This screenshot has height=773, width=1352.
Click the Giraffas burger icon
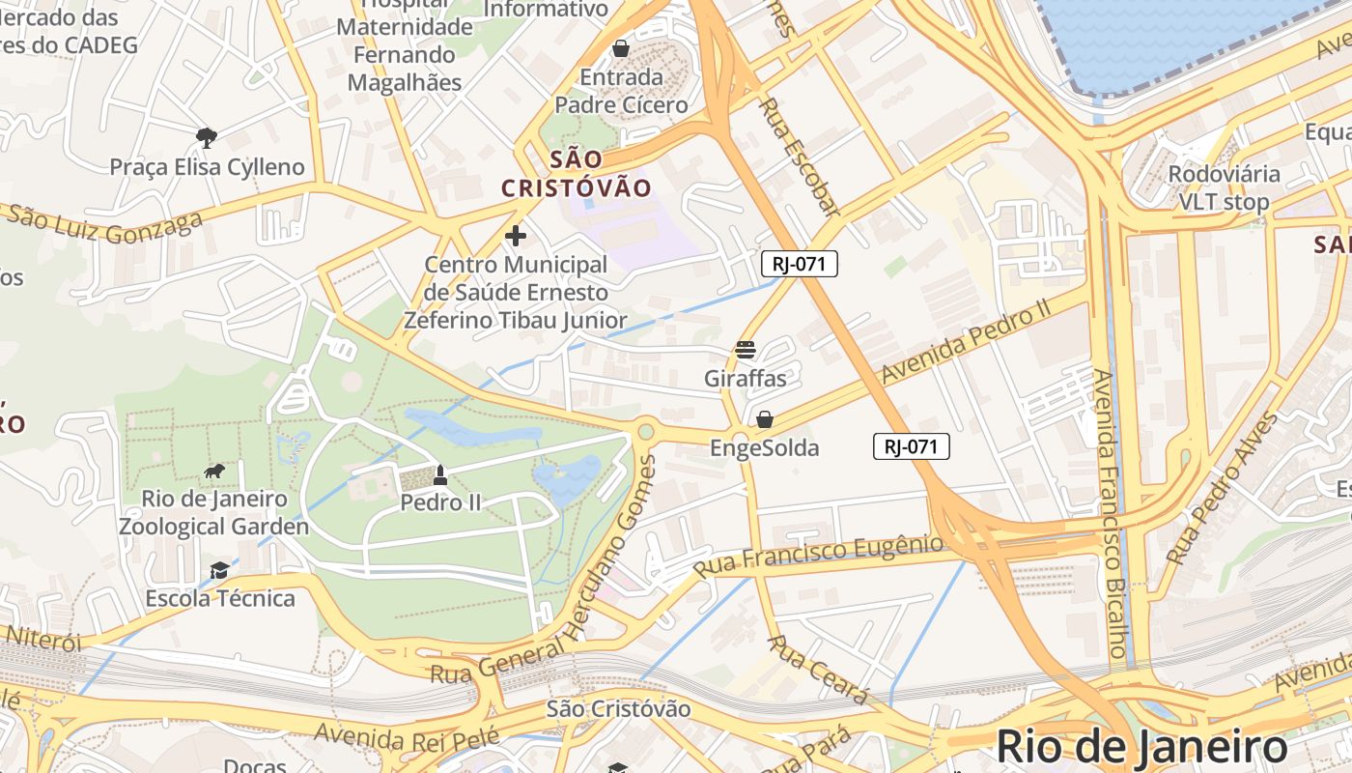[745, 350]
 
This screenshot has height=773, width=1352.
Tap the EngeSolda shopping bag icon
[764, 419]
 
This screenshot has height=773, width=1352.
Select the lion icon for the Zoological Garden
[214, 472]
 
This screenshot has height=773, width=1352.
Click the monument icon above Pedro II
[440, 474]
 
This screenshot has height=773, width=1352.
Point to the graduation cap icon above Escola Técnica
[219, 570]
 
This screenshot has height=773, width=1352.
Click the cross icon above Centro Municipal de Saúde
[516, 235]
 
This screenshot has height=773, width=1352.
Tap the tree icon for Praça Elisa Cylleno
[206, 138]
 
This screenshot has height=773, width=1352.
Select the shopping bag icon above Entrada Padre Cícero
[621, 47]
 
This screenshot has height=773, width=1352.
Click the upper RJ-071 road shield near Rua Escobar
[799, 264]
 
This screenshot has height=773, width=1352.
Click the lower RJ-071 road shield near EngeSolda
[912, 446]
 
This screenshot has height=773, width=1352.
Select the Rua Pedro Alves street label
[1222, 490]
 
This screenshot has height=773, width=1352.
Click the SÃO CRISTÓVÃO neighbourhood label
[577, 174]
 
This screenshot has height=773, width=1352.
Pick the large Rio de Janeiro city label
[1141, 747]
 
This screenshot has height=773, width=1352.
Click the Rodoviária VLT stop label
[1224, 187]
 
